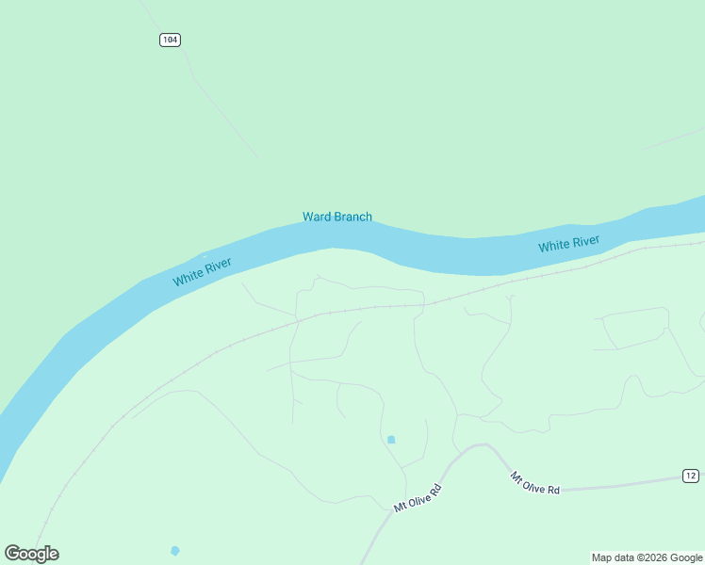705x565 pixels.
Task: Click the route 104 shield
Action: [x=170, y=40]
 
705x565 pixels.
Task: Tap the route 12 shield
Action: [x=691, y=476]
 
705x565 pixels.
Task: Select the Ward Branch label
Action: [x=336, y=217]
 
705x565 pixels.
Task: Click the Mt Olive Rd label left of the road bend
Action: [x=418, y=499]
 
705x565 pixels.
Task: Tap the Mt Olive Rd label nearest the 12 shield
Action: [x=535, y=483]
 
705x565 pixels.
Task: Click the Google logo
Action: [x=31, y=554]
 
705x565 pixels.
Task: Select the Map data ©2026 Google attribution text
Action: [x=647, y=558]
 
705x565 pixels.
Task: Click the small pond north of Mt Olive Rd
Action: [x=391, y=439]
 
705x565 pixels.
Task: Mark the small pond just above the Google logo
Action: [x=174, y=550]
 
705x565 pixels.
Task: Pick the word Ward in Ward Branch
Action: [x=317, y=217]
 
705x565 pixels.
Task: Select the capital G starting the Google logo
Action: [x=11, y=554]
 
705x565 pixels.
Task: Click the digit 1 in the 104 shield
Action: [x=165, y=40]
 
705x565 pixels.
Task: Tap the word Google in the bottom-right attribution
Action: [x=687, y=558]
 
